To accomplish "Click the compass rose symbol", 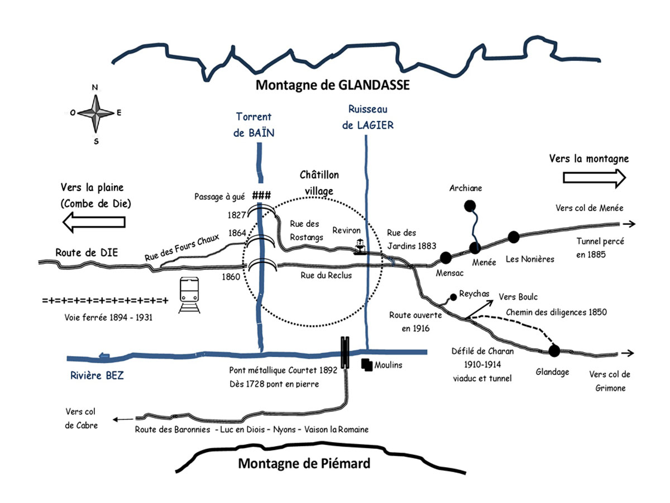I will coord(95,113).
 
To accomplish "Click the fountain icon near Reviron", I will coord(361,246).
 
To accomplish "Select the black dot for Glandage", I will coord(554,351).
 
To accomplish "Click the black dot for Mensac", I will coord(445,257).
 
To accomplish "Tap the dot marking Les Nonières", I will coord(513,236).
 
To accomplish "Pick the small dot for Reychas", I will coord(453,296).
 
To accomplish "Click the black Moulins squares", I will coord(367,364).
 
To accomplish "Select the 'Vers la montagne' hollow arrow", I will coord(594,178).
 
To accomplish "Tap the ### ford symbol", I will coord(261,196).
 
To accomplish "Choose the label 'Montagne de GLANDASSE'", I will coord(333,86).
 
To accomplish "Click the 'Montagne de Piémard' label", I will coord(304,464).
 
